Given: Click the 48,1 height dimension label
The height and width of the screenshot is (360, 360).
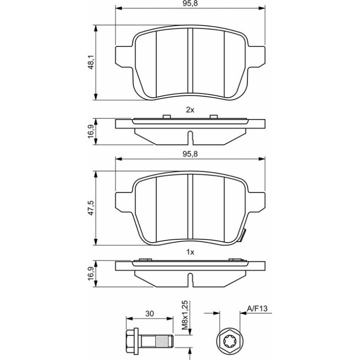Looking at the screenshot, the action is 91,62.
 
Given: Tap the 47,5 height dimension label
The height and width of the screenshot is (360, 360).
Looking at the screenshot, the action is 91,208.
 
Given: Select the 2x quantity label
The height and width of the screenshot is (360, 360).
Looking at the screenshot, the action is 190,110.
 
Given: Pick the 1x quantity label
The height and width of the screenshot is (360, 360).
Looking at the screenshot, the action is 190,252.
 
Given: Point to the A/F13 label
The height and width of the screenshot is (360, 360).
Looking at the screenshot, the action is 257,309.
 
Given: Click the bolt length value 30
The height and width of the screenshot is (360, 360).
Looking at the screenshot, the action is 150,313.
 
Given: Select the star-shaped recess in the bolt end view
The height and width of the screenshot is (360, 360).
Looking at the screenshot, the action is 230,343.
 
